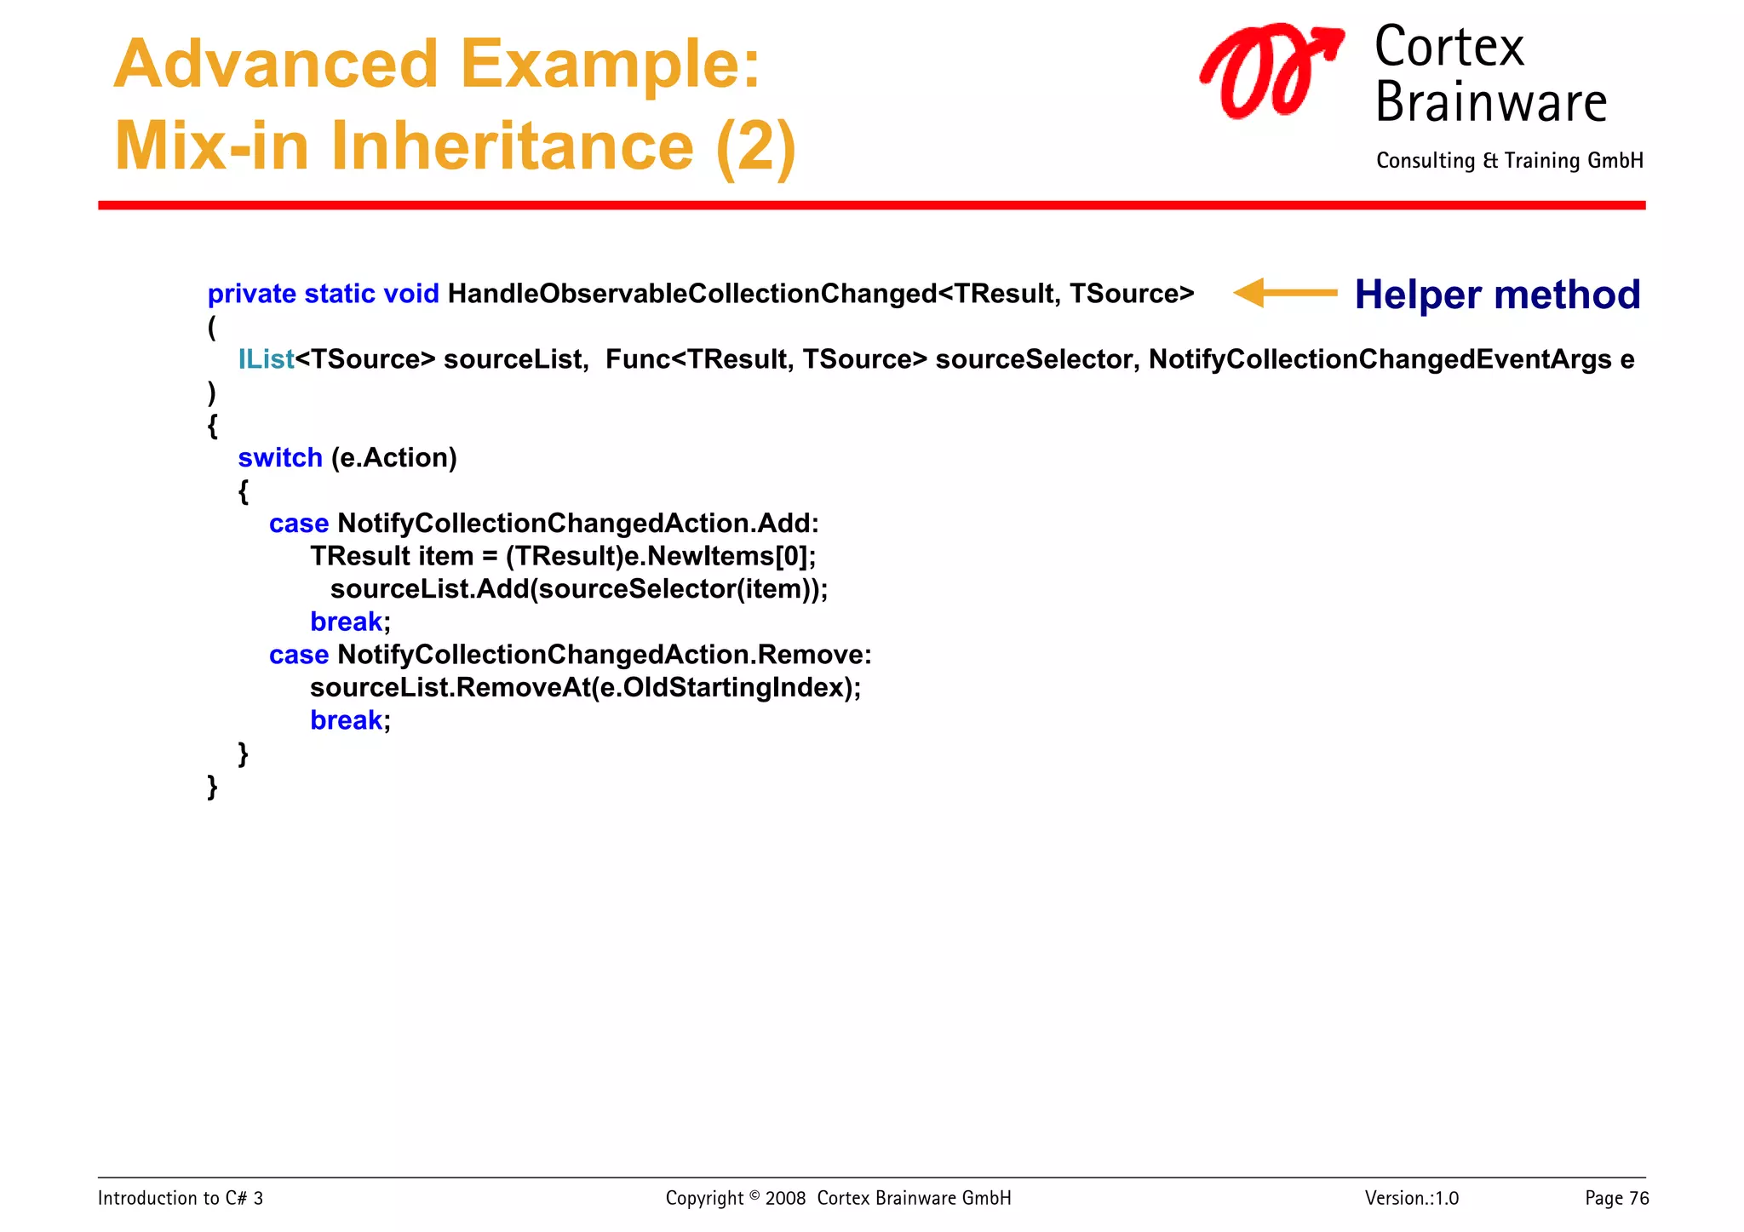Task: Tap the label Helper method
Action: (1496, 295)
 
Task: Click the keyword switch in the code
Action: (279, 458)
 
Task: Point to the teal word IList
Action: (266, 359)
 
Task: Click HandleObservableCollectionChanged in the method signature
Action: (691, 294)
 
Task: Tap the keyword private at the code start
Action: (251, 294)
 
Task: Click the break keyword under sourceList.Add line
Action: (346, 622)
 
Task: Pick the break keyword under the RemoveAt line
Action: (346, 721)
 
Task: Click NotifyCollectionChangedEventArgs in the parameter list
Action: (1380, 359)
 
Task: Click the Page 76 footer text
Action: (1616, 1198)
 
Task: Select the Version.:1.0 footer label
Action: (1411, 1198)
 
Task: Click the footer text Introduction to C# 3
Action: (181, 1198)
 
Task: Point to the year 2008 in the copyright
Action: (784, 1198)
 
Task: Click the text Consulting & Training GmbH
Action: (1509, 161)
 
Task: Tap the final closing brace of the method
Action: (213, 786)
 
